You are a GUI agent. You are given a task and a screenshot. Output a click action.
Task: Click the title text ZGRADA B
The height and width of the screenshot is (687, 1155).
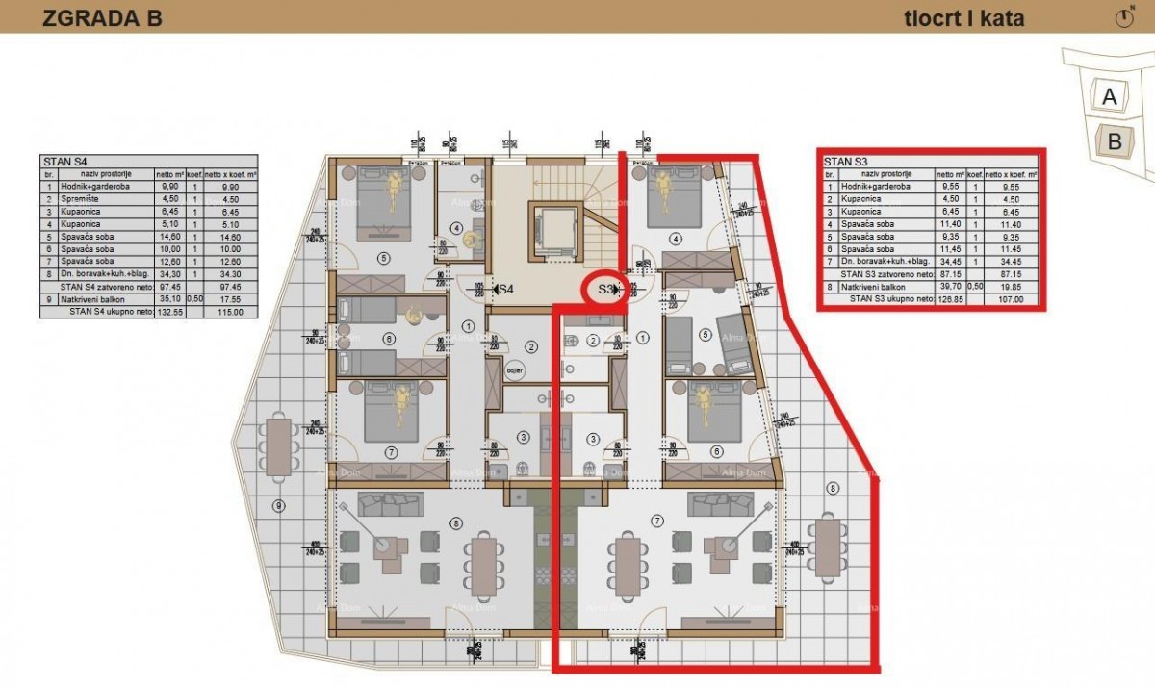102,17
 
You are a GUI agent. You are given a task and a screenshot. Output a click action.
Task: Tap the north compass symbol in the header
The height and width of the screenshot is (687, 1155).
1124,17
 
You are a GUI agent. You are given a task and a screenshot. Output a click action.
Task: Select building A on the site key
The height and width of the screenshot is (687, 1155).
1110,96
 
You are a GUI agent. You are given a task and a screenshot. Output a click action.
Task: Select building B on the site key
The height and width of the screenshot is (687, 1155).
1116,141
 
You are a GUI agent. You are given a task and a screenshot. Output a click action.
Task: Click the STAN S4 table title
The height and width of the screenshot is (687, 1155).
64,162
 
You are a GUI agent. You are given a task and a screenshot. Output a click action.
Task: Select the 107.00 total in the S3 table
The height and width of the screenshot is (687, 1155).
1008,299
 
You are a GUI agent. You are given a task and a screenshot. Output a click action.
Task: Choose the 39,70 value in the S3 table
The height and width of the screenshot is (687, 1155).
952,287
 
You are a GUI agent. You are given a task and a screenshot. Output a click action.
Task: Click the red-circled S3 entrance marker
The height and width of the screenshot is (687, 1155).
606,289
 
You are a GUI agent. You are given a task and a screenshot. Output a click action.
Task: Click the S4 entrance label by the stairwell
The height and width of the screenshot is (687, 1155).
502,289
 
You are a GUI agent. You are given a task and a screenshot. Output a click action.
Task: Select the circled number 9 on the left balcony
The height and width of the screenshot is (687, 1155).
278,505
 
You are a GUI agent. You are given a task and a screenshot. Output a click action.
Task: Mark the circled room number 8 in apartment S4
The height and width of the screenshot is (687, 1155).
455,522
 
